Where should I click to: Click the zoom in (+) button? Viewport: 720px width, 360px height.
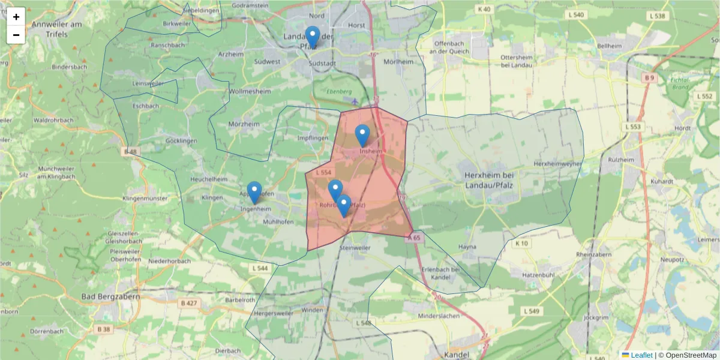pyautogui.click(x=16, y=17)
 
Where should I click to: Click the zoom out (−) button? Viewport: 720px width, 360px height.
pyautogui.click(x=16, y=35)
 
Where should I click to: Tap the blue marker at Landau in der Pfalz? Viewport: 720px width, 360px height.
pyautogui.click(x=312, y=37)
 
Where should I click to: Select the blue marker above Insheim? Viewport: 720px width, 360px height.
pyautogui.click(x=362, y=135)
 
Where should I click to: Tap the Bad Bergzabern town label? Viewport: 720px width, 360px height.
pyautogui.click(x=110, y=297)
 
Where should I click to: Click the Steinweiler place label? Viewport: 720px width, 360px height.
pyautogui.click(x=355, y=247)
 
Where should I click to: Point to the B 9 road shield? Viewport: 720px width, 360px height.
pyautogui.click(x=649, y=78)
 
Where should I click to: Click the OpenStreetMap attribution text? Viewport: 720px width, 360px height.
pyautogui.click(x=687, y=355)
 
